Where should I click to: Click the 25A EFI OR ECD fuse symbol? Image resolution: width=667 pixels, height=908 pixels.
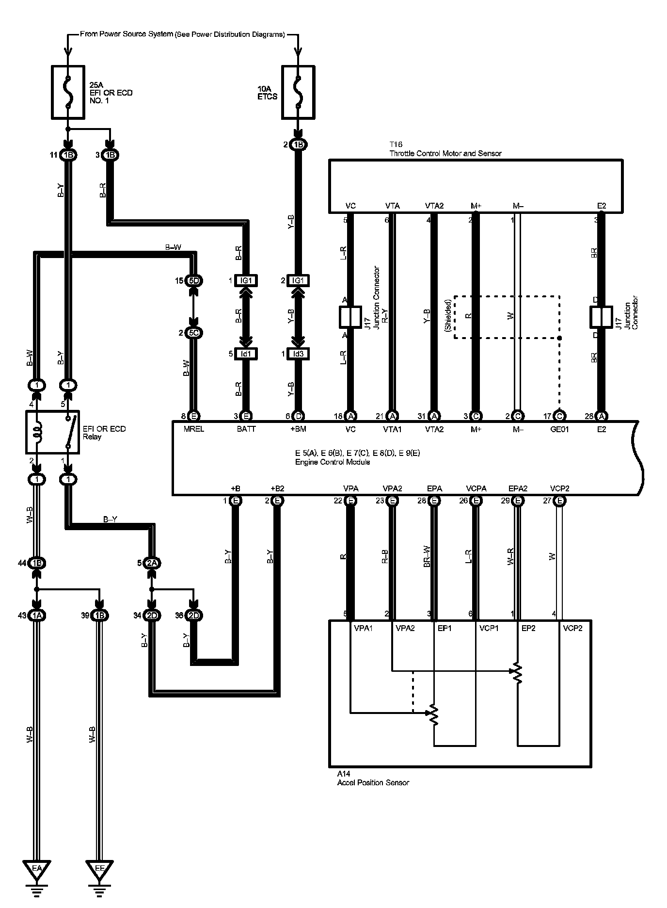click(68, 93)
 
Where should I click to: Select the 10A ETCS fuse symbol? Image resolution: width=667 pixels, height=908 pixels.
click(298, 93)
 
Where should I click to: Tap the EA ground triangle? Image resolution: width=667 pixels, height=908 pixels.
click(36, 867)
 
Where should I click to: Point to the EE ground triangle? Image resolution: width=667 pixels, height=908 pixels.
click(99, 867)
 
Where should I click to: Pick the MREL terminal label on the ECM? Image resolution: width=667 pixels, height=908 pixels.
click(193, 429)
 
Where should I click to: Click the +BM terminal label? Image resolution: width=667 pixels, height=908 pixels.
click(298, 429)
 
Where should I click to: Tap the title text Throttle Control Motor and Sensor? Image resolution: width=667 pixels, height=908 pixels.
click(445, 153)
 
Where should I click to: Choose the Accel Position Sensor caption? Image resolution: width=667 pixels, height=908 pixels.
click(373, 782)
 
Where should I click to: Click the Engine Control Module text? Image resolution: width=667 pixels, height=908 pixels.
click(333, 462)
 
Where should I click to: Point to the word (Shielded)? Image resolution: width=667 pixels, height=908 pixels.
click(448, 315)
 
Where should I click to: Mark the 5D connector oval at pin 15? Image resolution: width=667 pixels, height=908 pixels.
click(194, 281)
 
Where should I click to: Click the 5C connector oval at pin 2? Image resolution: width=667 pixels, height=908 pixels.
click(194, 333)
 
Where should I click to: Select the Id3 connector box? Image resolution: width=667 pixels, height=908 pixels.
click(298, 354)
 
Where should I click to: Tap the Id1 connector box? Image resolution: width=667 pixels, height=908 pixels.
click(246, 354)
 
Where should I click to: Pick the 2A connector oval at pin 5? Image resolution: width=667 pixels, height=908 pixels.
click(152, 563)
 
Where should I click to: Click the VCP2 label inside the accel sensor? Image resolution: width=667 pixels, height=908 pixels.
click(572, 628)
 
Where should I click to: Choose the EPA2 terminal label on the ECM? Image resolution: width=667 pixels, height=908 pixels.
click(517, 488)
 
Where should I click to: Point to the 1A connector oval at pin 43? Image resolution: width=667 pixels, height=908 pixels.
click(37, 616)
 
